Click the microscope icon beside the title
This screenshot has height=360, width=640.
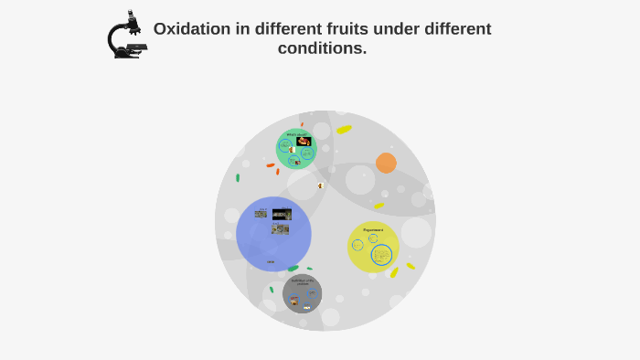pyautogui.click(x=126, y=36)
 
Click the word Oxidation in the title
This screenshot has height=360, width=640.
pyautogui.click(x=191, y=29)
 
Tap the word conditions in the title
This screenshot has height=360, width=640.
pyautogui.click(x=321, y=48)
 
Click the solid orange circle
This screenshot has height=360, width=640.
pyautogui.click(x=386, y=163)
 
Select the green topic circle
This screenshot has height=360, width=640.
pyautogui.click(x=295, y=149)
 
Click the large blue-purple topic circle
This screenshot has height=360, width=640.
pyautogui.click(x=273, y=234)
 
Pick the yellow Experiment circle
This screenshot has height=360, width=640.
pyautogui.click(x=373, y=247)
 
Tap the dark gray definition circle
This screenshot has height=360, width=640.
pyautogui.click(x=302, y=293)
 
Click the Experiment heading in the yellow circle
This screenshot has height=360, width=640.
pyautogui.click(x=373, y=229)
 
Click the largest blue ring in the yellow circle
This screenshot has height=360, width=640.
pyautogui.click(x=381, y=255)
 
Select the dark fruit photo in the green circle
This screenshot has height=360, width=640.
pyautogui.click(x=304, y=141)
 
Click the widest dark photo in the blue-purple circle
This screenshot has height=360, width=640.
pyautogui.click(x=282, y=215)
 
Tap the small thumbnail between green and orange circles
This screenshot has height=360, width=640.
pyautogui.click(x=321, y=185)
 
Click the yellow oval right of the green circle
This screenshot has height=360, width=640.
pyautogui.click(x=344, y=130)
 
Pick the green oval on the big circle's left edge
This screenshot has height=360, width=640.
pyautogui.click(x=238, y=178)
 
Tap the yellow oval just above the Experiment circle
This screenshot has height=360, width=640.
pyautogui.click(x=379, y=206)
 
